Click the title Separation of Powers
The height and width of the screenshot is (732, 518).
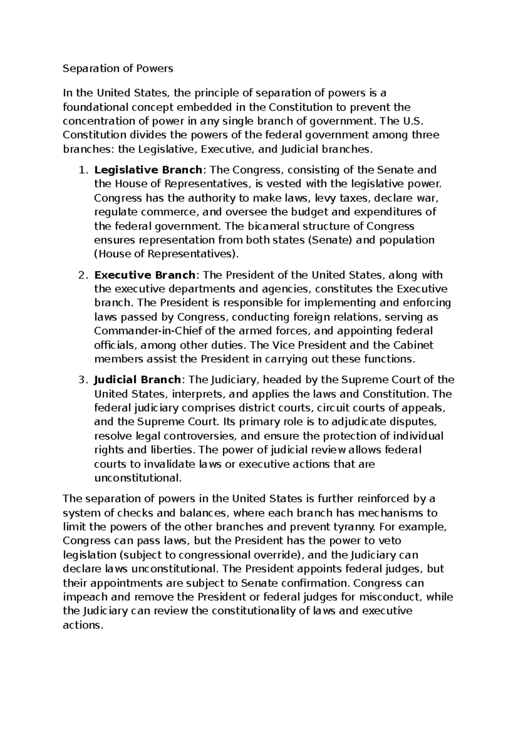click(x=118, y=68)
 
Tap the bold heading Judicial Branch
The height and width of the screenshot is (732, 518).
click(x=137, y=380)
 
